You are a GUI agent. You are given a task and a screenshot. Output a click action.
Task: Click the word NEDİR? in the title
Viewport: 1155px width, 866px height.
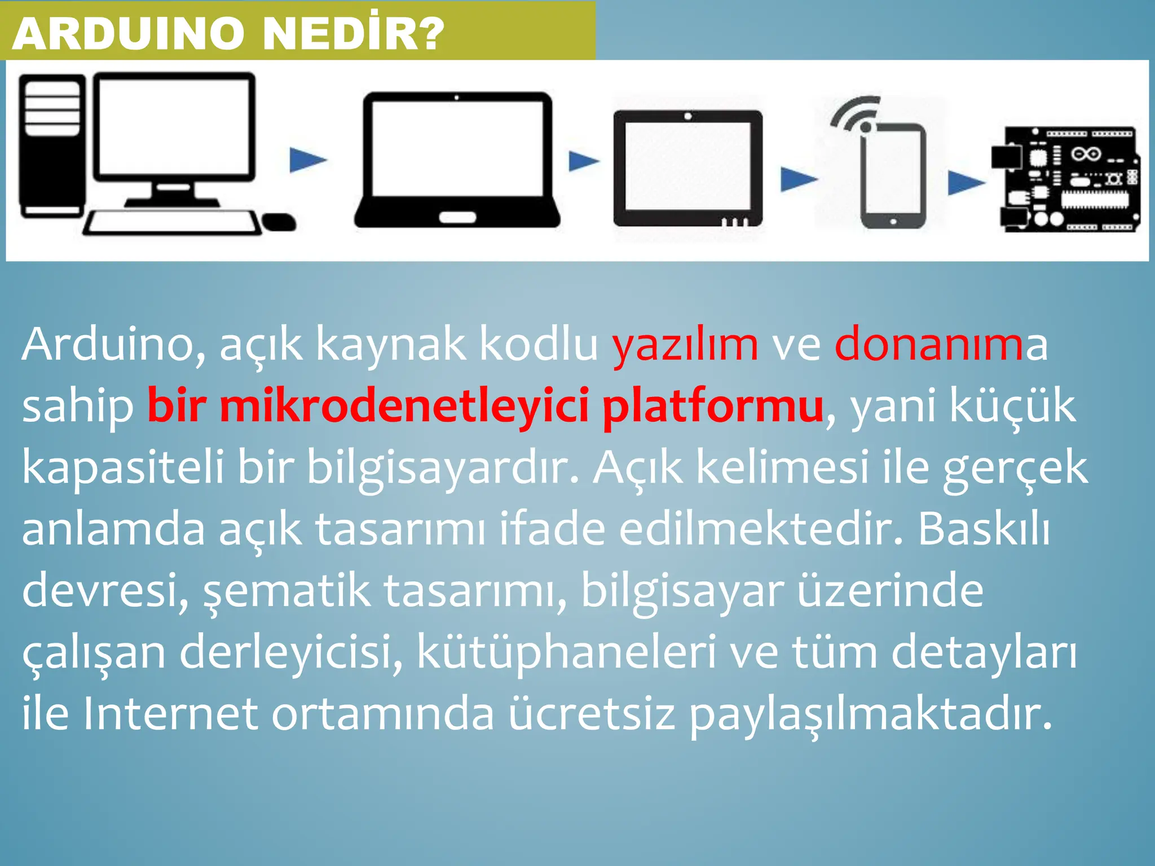[x=353, y=34]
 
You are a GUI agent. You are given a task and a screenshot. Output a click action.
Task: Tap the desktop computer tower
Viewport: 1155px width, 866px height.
[x=52, y=147]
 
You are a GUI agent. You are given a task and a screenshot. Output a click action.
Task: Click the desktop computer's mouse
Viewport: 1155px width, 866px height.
[x=279, y=222]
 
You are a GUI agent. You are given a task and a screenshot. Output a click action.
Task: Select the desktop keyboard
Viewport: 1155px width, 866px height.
[x=172, y=223]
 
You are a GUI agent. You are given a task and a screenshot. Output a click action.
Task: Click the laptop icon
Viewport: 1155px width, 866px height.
[x=457, y=161]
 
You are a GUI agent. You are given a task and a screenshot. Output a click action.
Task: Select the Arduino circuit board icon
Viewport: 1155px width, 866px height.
[x=1066, y=179]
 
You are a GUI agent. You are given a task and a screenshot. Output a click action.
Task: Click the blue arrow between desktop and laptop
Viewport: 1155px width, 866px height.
[x=307, y=160]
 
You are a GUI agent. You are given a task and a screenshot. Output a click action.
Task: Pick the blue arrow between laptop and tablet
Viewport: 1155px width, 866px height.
[x=583, y=161]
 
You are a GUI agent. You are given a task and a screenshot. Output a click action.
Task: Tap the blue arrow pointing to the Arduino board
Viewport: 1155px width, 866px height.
[x=966, y=183]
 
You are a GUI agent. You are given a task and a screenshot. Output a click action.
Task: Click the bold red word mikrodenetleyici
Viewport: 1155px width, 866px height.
[x=404, y=406]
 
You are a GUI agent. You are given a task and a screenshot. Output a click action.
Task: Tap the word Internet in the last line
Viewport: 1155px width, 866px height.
[x=171, y=714]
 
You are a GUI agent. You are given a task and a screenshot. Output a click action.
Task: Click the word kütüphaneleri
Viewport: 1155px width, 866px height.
[x=566, y=653]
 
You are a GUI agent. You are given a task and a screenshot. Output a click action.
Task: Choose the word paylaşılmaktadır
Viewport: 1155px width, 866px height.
[x=871, y=715]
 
